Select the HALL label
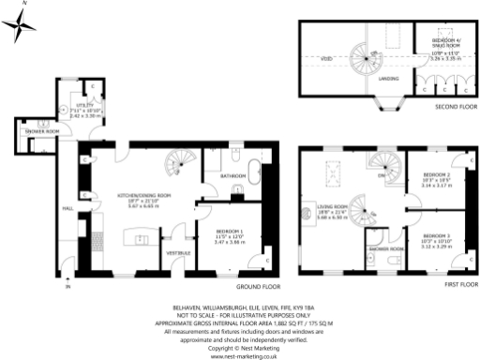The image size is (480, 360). (67, 208)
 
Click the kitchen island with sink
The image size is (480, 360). (142, 247)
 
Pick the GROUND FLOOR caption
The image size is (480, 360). (253, 286)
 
